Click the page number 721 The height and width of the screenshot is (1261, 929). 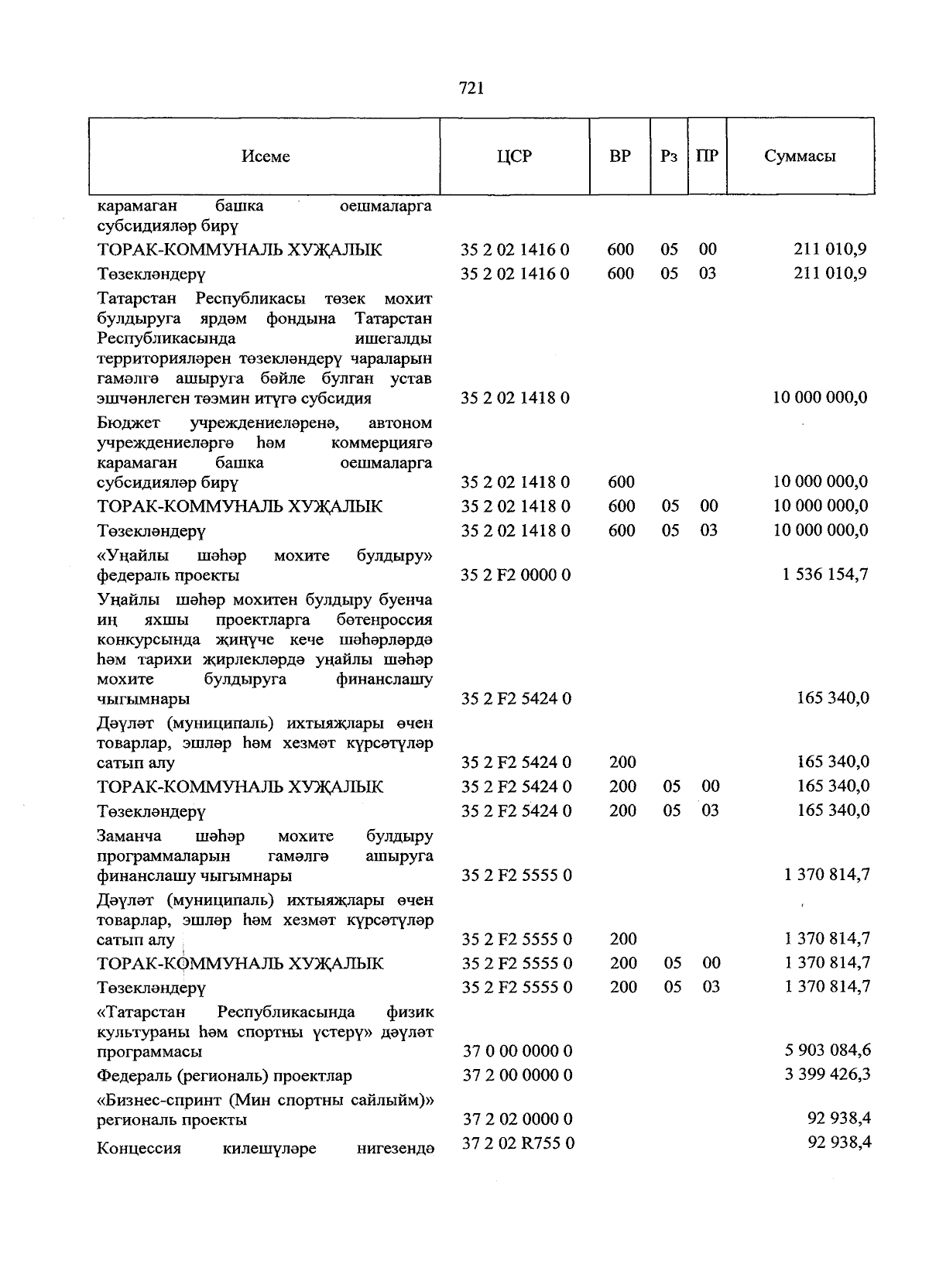(x=471, y=88)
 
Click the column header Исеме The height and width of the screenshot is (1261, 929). (x=265, y=156)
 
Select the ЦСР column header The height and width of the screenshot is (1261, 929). (x=514, y=156)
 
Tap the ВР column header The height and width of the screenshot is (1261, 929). (x=619, y=156)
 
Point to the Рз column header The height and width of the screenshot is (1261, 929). (x=669, y=156)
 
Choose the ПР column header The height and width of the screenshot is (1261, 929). (x=707, y=156)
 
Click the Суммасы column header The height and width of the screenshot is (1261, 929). (x=800, y=156)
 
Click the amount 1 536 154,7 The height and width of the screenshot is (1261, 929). (x=825, y=574)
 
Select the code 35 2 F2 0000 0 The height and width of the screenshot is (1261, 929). (x=516, y=575)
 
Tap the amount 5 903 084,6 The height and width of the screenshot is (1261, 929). (x=827, y=1050)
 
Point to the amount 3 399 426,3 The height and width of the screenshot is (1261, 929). (x=827, y=1074)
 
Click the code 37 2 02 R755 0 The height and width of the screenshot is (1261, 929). (x=518, y=1143)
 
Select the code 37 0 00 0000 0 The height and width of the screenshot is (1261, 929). (x=517, y=1051)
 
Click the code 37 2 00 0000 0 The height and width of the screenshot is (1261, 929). (x=517, y=1075)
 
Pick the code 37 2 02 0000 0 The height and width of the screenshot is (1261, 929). (x=517, y=1119)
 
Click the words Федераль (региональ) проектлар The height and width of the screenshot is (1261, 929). (x=225, y=1076)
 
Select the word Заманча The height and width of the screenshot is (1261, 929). (x=129, y=837)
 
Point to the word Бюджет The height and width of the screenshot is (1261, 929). (x=129, y=423)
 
